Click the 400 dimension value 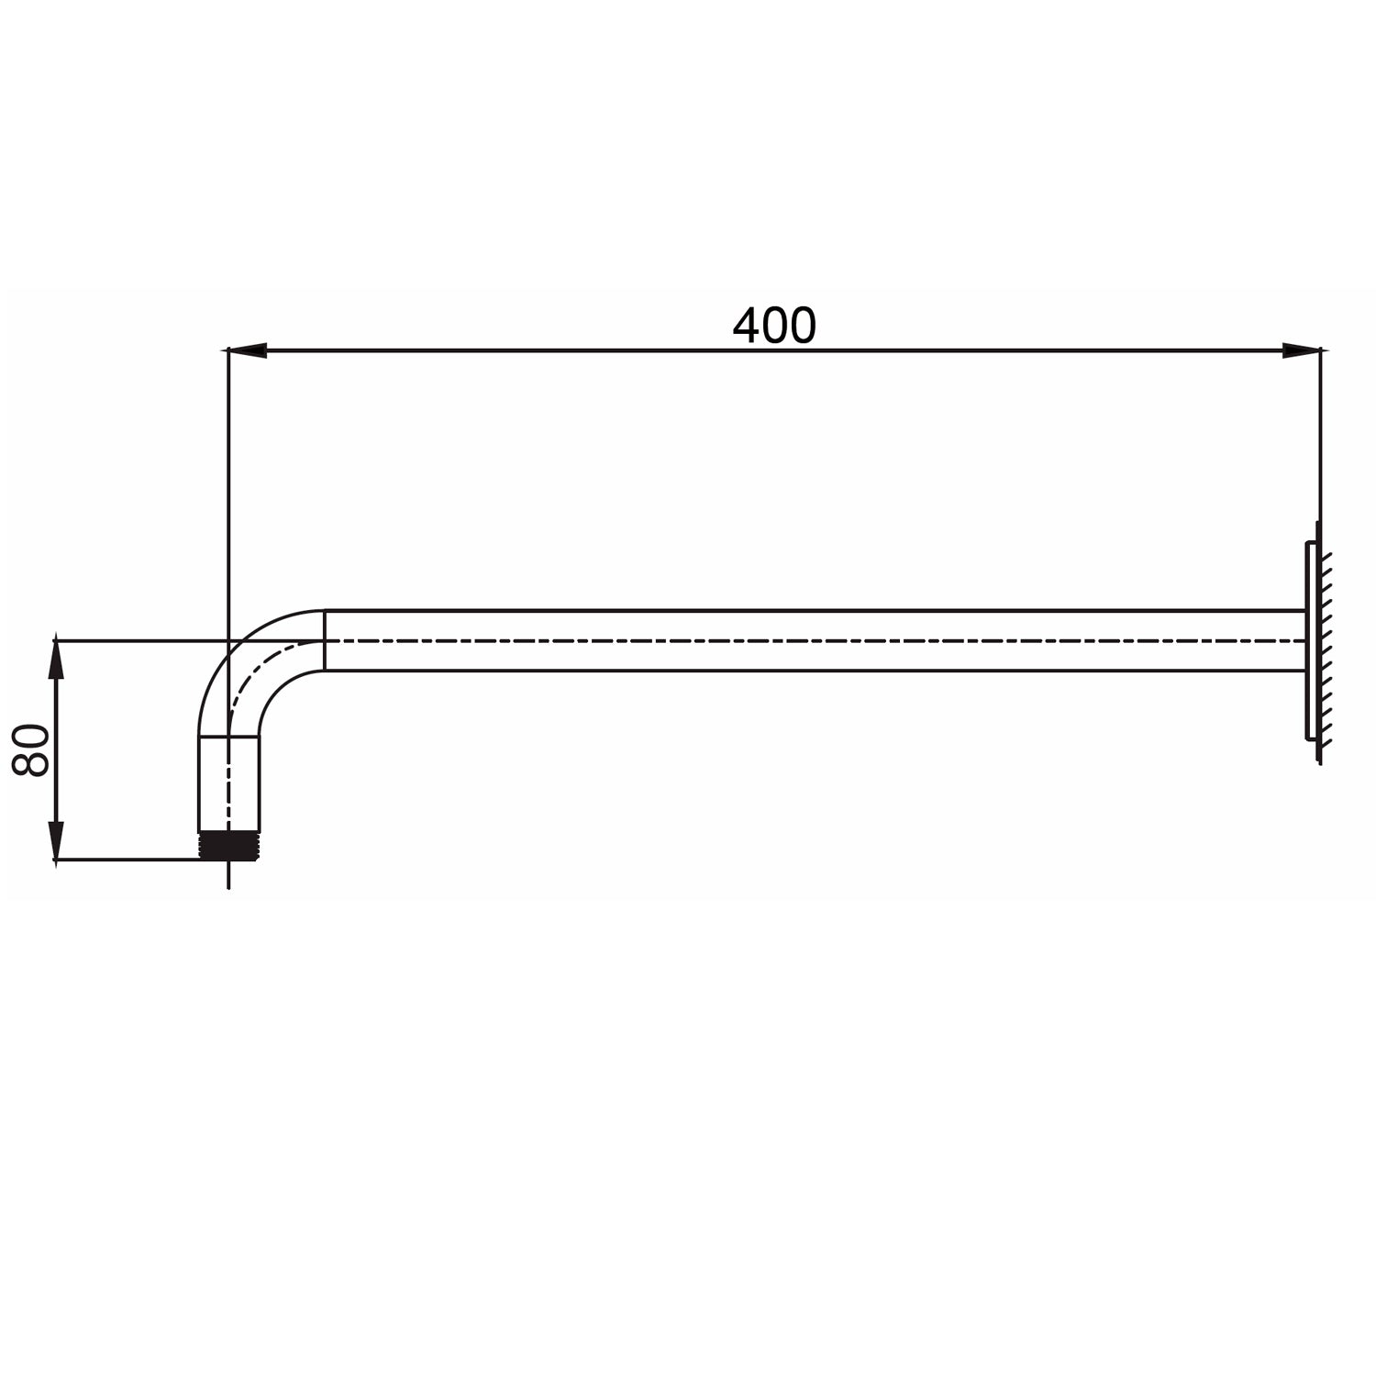pos(773,326)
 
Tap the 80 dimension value pos(32,749)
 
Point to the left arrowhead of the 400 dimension pos(246,350)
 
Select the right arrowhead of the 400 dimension pos(1301,350)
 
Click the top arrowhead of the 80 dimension pos(57,659)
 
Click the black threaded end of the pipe pos(228,845)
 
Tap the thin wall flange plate pos(1308,640)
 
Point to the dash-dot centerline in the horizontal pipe pos(807,640)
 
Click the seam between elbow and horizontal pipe pos(325,640)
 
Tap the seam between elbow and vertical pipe pos(229,736)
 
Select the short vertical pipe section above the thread pos(229,784)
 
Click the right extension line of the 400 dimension pos(1321,440)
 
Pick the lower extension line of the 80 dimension pos(128,860)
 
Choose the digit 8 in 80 pos(32,763)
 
